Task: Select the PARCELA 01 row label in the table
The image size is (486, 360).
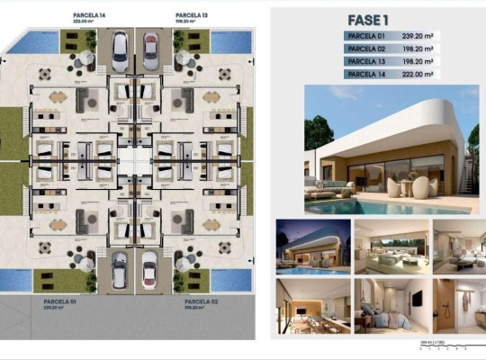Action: click(365, 36)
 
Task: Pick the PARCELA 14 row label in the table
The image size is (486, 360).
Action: click(365, 76)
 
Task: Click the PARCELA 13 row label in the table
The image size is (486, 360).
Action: click(365, 63)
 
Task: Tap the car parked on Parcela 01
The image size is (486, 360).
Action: click(119, 268)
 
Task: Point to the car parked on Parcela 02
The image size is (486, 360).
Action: click(150, 268)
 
